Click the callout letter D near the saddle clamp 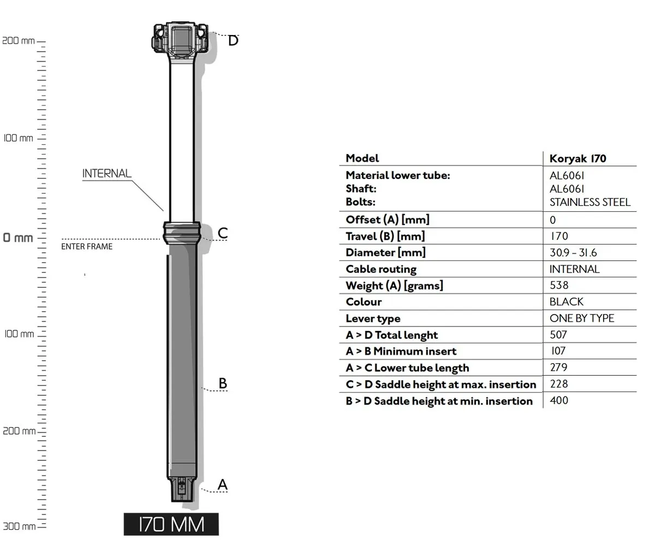233,40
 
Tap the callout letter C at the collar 222,233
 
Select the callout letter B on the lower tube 222,383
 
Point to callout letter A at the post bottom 222,484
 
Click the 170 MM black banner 171,524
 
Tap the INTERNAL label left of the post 107,174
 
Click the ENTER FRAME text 87,247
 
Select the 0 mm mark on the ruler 18,238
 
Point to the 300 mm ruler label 19,526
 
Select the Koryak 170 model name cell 577,159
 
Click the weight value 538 559,286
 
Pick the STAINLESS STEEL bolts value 589,202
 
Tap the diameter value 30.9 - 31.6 573,253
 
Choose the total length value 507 558,335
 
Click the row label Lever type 373,319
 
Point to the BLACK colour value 566,302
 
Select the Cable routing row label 381,269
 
